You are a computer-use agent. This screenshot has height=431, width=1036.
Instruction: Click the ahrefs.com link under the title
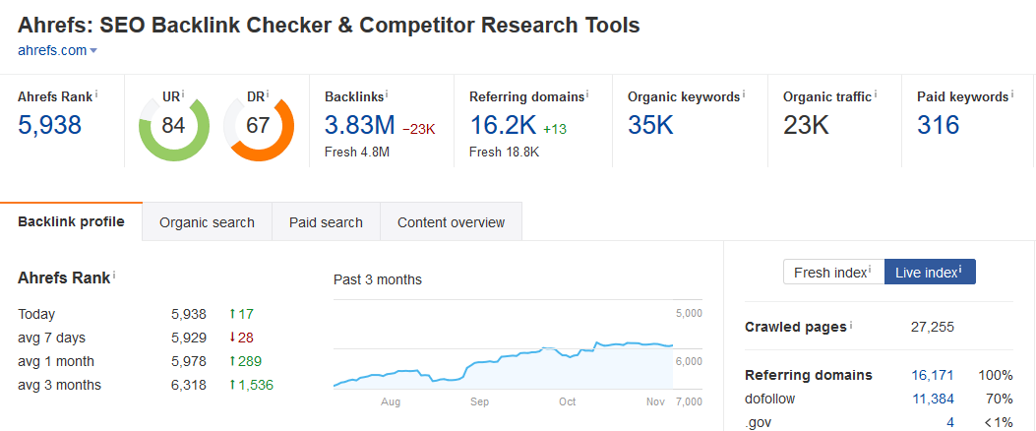[52, 50]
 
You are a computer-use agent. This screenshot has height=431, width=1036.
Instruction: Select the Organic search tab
[207, 222]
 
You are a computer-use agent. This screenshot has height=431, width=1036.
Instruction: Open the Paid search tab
[326, 222]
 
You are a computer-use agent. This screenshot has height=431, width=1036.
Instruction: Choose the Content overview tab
[451, 222]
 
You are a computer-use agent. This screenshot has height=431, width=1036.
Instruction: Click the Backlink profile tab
[71, 221]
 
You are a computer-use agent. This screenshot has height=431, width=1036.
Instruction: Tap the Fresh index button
[832, 273]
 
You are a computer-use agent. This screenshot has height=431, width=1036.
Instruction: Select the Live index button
[929, 273]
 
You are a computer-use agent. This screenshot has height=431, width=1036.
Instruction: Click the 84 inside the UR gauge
[173, 126]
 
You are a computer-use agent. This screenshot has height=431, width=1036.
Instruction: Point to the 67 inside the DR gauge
[259, 126]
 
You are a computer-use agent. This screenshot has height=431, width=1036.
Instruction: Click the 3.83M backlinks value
[359, 125]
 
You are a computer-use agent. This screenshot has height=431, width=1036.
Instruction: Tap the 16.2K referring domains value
[502, 125]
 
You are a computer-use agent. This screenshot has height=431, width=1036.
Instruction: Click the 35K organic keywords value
[650, 125]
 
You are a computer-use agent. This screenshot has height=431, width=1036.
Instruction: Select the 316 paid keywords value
[938, 125]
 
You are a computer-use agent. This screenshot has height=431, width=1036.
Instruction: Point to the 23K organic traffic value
[806, 125]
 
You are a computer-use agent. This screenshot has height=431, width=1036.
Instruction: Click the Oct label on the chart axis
[568, 402]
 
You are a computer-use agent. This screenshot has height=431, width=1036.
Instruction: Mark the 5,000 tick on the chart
[688, 314]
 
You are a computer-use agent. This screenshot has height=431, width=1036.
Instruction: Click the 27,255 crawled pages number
[933, 327]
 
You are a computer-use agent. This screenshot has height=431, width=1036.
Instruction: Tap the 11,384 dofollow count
[934, 399]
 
